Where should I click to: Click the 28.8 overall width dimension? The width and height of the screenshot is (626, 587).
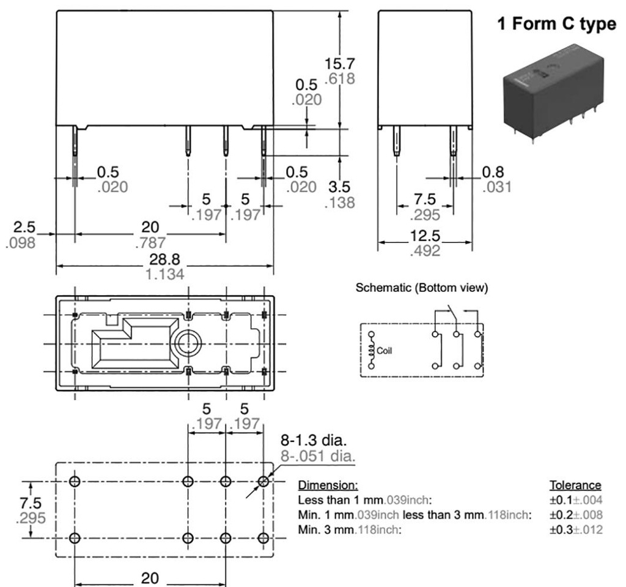point(165,259)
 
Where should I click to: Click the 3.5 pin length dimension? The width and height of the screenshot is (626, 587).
point(341,187)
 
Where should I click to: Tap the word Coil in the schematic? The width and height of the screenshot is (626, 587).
point(385,351)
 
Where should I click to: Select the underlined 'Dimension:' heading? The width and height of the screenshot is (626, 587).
point(323,485)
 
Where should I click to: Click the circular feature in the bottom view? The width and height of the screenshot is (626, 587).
point(187,344)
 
